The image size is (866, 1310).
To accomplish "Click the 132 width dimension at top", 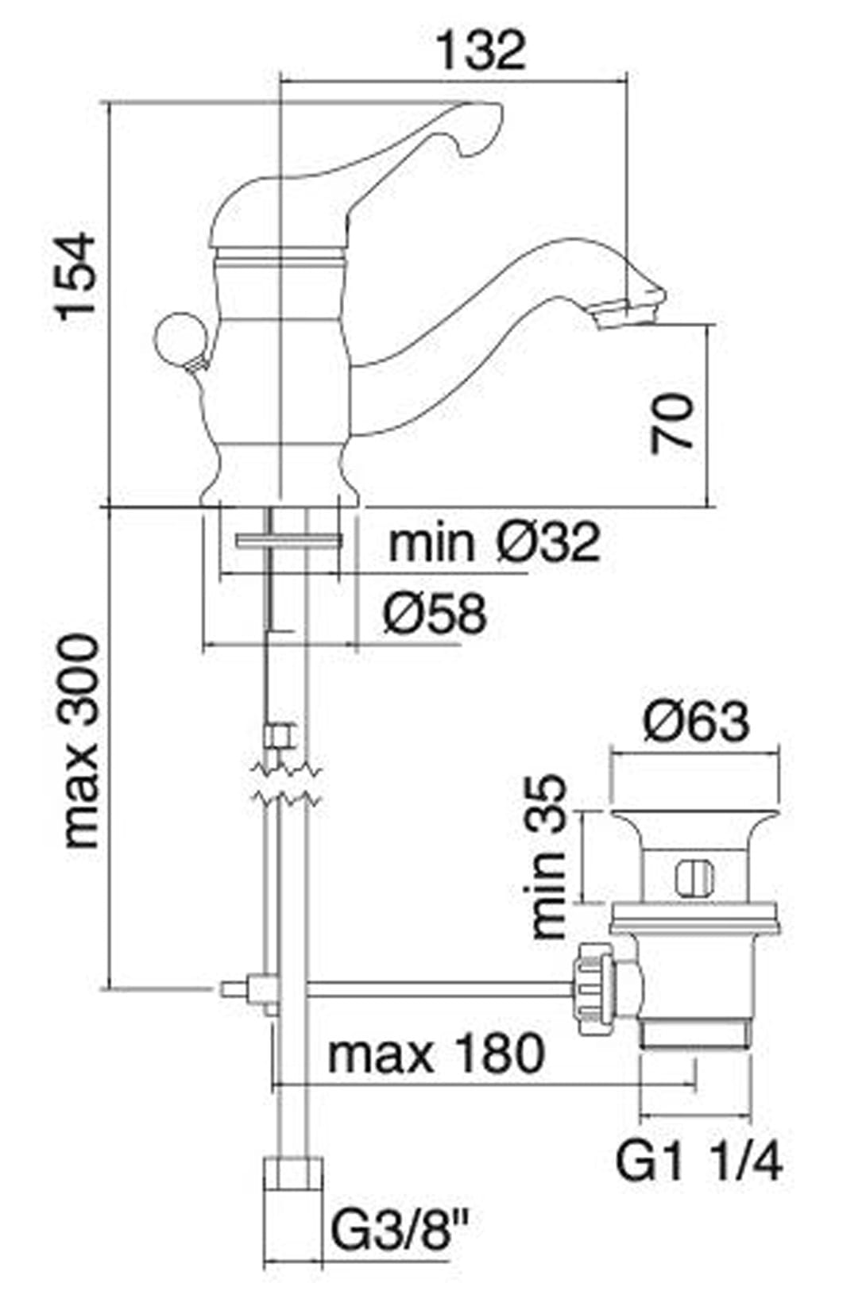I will pos(481,50).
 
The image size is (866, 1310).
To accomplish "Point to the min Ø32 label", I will pos(493,543).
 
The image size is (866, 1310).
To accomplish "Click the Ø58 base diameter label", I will pos(434,614).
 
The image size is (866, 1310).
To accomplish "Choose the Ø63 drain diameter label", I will pos(696,722).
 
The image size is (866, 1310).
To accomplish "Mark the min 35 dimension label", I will pos(548,857).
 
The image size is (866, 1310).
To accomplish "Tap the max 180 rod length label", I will pos(436,1053).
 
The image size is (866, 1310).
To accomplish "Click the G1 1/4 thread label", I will pos(699,1162).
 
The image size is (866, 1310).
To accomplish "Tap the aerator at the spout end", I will pos(628,314).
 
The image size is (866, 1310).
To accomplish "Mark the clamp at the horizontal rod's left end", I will pos(258,992).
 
